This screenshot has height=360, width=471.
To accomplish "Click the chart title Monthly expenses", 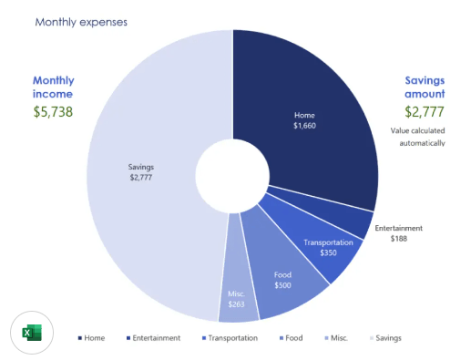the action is click(x=81, y=22).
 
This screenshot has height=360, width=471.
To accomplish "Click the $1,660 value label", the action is click(x=304, y=126).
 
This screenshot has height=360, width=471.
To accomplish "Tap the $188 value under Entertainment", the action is click(x=399, y=239).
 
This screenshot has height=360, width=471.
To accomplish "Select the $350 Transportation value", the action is click(x=328, y=252).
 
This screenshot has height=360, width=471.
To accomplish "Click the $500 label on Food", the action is click(x=282, y=285).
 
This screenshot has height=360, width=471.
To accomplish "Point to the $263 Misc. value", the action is click(x=236, y=304).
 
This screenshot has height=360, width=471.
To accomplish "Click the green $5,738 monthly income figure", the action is click(x=53, y=112).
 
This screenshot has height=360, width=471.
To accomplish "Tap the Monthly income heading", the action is click(x=54, y=87).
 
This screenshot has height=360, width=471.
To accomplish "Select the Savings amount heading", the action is click(x=425, y=87).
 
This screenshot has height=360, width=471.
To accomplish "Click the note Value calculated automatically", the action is click(x=418, y=137).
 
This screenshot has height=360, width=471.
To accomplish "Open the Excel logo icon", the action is click(x=32, y=333).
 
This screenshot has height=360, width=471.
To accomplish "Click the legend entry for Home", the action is click(x=91, y=338).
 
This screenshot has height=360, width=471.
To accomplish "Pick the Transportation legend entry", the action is click(x=230, y=338).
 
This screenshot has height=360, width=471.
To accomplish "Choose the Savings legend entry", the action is click(x=385, y=338).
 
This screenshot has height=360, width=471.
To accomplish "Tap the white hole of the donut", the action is click(x=232, y=176).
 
